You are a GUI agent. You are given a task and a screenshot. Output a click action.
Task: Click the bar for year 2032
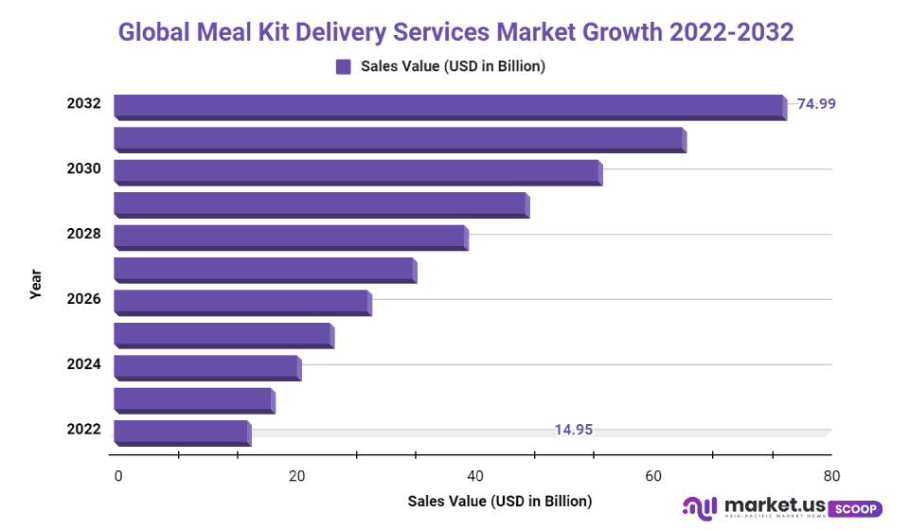(450, 106)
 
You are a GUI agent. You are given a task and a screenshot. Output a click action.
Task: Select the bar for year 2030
(358, 171)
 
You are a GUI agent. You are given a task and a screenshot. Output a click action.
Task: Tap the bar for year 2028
(291, 237)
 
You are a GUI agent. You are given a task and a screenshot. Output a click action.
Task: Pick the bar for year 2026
(242, 302)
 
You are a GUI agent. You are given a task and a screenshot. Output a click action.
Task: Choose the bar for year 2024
(207, 367)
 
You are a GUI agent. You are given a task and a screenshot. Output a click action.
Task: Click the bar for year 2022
(183, 432)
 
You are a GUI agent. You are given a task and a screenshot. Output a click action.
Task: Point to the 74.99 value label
(816, 104)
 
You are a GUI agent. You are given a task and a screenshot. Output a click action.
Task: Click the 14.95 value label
(574, 430)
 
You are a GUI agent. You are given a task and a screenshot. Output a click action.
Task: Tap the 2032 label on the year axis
(83, 104)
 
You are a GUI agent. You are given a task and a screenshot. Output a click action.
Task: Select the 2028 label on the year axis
(83, 234)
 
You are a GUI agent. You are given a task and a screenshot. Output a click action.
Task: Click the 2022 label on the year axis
(83, 430)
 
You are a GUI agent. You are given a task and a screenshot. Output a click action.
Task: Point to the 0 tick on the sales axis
(118, 476)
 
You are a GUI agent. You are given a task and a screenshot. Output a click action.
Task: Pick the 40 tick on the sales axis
(475, 476)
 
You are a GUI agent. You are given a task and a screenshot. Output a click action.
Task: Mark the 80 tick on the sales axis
(831, 476)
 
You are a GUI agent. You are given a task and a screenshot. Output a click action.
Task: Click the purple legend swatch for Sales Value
(344, 66)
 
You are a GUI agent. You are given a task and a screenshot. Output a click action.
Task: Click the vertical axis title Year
(36, 284)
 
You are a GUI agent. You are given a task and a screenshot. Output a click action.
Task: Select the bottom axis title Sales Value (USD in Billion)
(499, 501)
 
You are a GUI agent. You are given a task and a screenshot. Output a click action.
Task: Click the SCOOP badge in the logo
(855, 509)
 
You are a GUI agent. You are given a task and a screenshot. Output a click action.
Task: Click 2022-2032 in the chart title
(731, 32)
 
